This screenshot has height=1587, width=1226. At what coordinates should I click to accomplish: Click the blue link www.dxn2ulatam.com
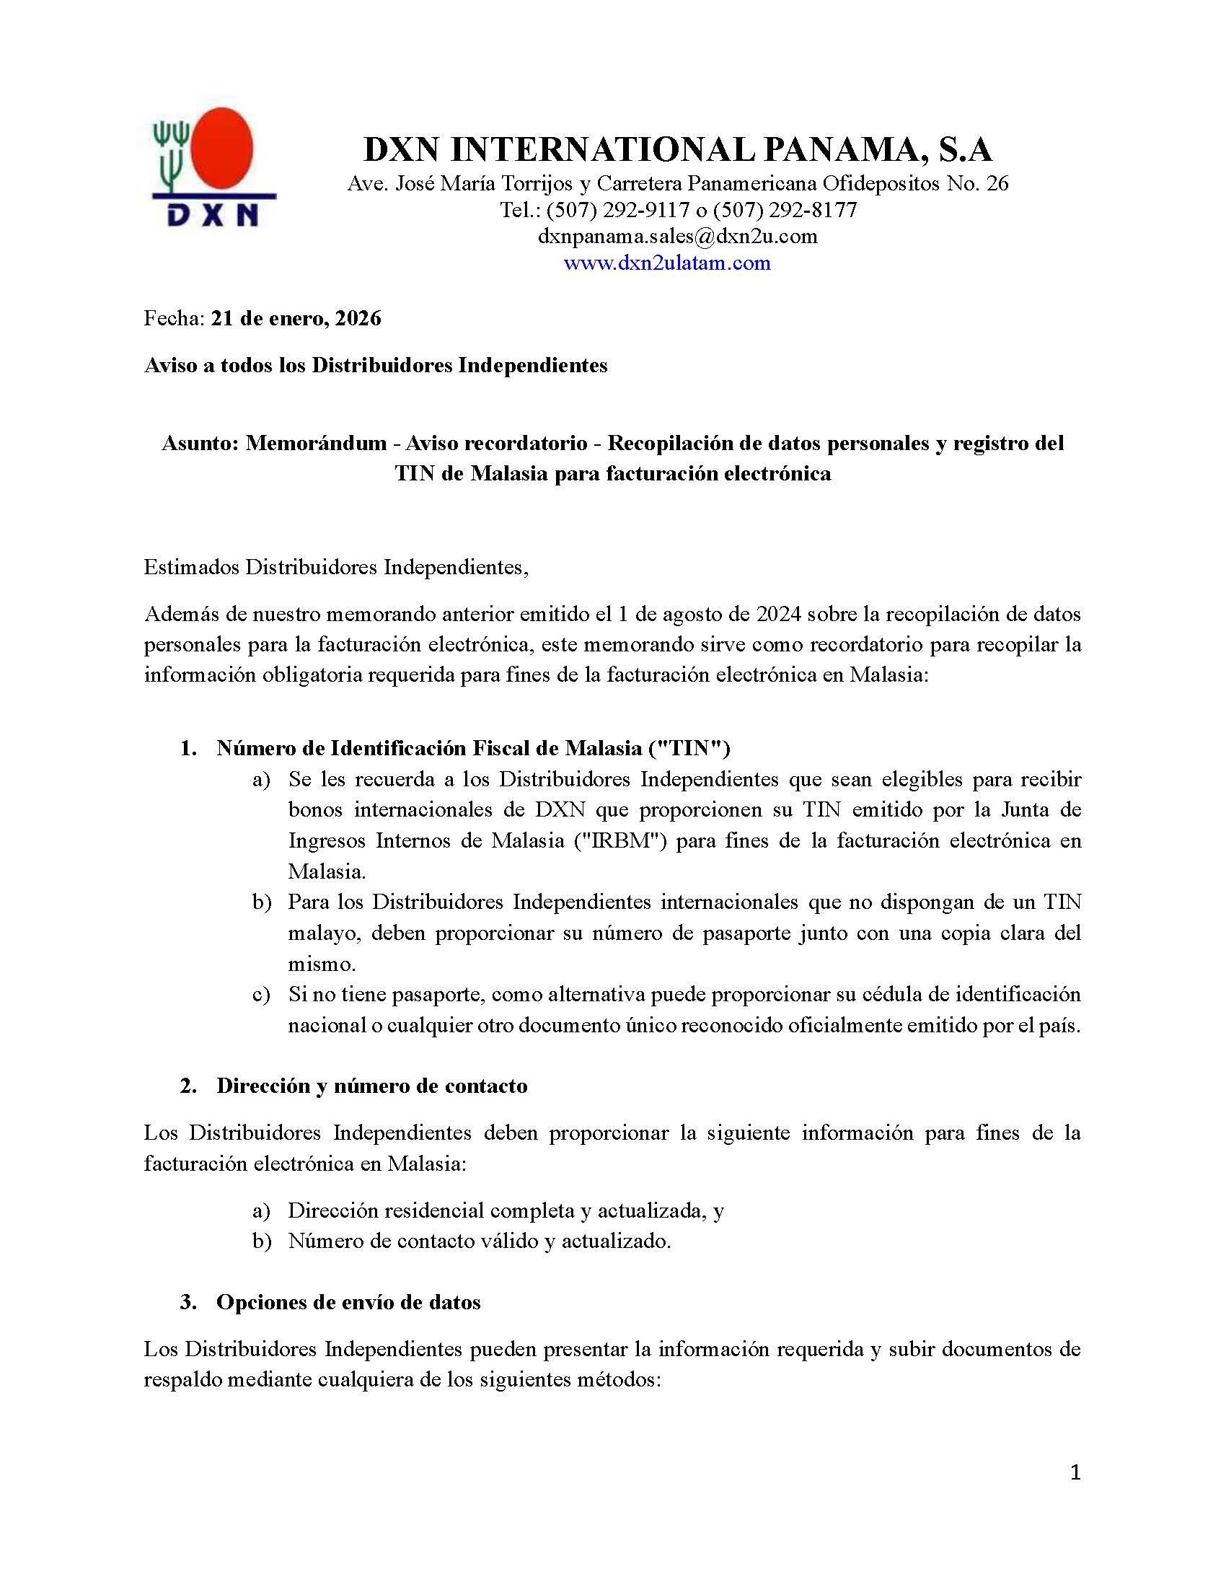[x=667, y=263]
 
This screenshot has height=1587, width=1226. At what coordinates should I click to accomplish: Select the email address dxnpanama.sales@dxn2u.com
[x=677, y=236]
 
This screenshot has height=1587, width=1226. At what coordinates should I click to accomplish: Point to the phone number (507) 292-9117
[x=617, y=210]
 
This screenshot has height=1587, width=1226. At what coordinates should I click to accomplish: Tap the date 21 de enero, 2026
[x=296, y=318]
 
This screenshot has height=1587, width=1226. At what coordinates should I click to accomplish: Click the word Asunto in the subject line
[x=198, y=442]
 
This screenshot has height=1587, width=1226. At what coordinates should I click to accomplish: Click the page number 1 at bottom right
[x=1076, y=1472]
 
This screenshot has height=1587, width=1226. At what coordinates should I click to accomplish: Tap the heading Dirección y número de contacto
[x=372, y=1086]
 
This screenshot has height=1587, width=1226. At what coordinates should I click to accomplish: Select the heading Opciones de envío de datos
[x=348, y=1302]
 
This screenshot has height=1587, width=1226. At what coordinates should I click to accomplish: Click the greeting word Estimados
[x=192, y=567]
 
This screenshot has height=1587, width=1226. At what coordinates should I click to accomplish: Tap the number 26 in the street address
[x=997, y=183]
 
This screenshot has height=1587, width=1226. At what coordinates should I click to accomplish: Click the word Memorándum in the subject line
[x=316, y=442]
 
